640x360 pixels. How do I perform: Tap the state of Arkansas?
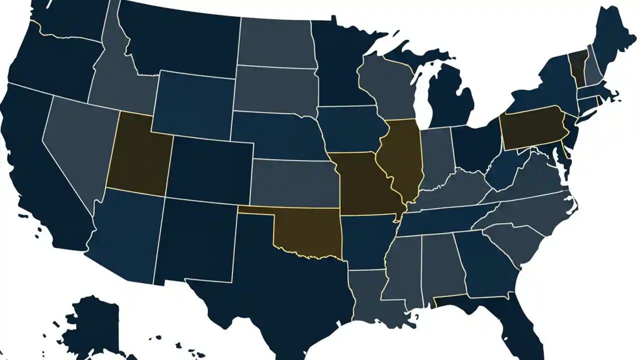tap(367, 240)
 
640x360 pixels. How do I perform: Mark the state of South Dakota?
tap(275, 90)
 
